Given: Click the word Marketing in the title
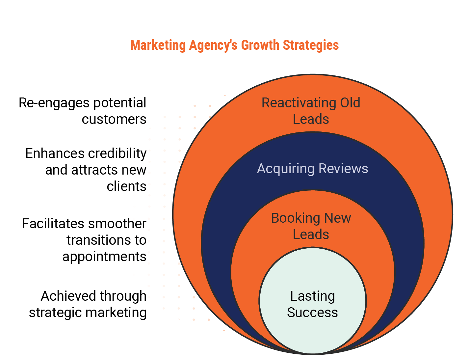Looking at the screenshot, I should pos(158,45).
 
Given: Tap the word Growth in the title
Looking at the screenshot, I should pos(260,45).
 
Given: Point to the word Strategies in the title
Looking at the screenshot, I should pos(311,45).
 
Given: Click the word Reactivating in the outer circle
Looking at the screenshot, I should pos(299,103).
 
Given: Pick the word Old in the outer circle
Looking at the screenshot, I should pos(350,103).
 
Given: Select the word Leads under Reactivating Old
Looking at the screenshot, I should pos(311,119).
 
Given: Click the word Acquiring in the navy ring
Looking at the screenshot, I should pos(286,169).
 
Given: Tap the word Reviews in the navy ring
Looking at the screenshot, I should pos(343,169).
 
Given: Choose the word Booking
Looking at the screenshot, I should pos(296,218).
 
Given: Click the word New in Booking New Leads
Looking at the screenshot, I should pos(338,218).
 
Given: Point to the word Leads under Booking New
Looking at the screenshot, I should pos(311,235).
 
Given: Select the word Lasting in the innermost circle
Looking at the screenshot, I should pos(313,296).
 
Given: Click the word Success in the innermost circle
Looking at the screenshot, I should pos(313,313).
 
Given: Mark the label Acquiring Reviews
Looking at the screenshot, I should pos(313,169).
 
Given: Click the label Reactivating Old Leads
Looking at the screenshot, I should pos(311,111).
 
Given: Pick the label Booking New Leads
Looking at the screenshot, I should pos(311,226).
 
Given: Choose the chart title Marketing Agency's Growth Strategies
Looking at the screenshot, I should pos(234,45).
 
